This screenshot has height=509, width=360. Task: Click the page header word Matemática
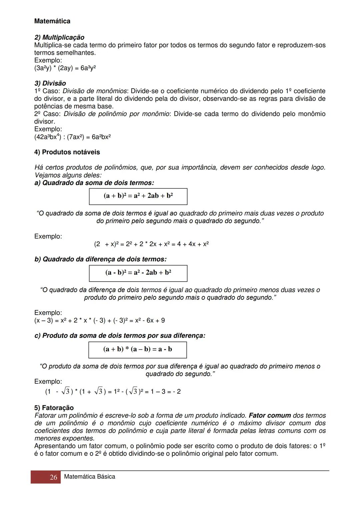(52, 21)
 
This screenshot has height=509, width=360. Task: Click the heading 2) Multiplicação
(59, 37)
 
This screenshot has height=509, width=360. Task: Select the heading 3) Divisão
(50, 83)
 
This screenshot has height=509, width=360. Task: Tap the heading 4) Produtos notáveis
(67, 152)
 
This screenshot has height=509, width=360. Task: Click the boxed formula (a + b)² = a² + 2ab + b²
(138, 196)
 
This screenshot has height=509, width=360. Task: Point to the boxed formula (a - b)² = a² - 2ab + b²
(138, 273)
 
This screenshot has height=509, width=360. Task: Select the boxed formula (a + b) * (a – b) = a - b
(137, 349)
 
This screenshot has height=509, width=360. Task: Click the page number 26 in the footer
(53, 477)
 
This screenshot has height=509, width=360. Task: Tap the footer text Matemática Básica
(89, 477)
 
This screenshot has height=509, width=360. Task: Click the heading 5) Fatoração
(54, 408)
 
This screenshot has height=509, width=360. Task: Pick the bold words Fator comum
(270, 416)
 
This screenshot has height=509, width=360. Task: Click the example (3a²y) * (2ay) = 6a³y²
(65, 68)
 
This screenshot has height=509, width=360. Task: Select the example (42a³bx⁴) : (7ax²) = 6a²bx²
(72, 137)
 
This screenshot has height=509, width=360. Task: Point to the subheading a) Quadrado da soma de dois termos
(94, 183)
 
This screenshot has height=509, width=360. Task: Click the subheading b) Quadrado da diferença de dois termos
(100, 259)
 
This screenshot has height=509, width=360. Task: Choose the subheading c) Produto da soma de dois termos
(120, 336)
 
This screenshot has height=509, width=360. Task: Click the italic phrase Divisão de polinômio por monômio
(116, 114)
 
